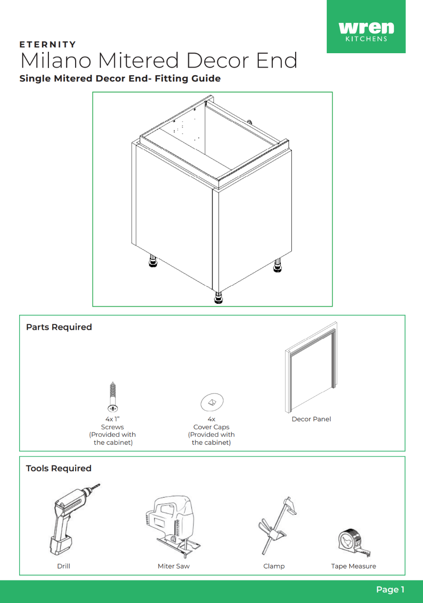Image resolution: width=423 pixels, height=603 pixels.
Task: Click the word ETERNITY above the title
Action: click(x=48, y=45)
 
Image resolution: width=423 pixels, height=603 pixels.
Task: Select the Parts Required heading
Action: click(x=59, y=327)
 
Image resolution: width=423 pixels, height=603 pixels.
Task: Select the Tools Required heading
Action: click(x=58, y=468)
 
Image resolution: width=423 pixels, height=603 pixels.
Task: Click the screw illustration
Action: click(x=113, y=397)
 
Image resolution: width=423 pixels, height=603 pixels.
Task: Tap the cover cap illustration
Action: click(x=211, y=402)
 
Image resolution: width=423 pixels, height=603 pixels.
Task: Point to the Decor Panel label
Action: click(x=311, y=419)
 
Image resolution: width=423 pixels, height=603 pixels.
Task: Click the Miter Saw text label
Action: click(x=173, y=566)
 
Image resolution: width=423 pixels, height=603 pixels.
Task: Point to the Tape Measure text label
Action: click(x=353, y=566)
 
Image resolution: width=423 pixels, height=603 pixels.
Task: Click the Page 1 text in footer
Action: click(x=390, y=590)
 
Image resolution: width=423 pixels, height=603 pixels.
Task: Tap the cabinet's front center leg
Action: click(x=218, y=298)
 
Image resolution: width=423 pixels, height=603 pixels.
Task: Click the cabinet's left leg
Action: click(x=153, y=262)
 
